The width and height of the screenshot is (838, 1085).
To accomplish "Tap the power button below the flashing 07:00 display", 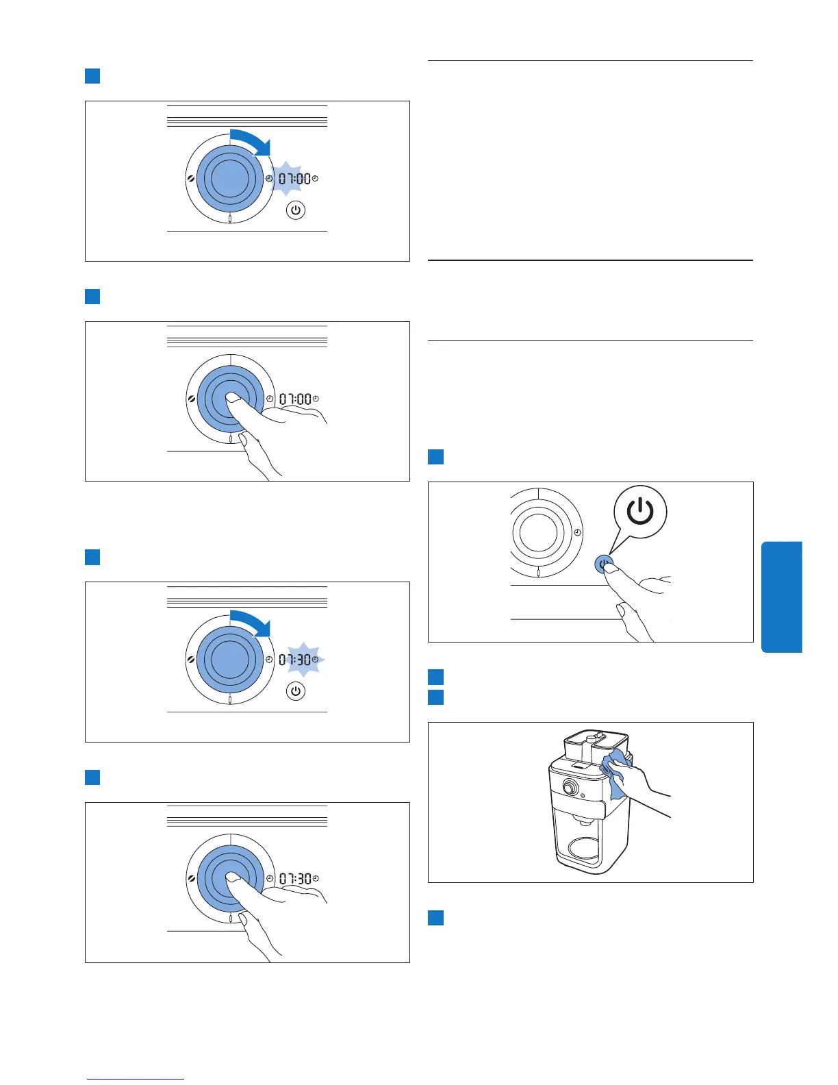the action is coord(295,210).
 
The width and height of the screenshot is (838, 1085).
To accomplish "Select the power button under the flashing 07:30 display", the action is coord(295,691).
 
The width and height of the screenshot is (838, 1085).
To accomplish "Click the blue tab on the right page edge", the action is coord(781,597).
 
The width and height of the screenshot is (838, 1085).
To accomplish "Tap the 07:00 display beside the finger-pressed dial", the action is coord(295,399).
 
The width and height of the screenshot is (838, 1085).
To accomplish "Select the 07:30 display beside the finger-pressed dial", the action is coord(295,879).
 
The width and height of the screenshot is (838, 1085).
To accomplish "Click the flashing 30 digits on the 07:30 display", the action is coord(304,660).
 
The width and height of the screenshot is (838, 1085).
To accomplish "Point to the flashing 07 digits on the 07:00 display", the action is coord(286,179).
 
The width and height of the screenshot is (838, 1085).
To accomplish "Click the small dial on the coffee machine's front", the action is coord(568,788).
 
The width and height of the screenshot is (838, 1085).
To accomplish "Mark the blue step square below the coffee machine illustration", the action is coord(435,918).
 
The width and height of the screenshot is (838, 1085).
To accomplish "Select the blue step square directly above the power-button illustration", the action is coord(435,457).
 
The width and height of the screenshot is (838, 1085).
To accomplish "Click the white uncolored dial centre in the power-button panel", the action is coord(539,532).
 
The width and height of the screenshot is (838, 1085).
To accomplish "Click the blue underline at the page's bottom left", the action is coord(136,1080).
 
